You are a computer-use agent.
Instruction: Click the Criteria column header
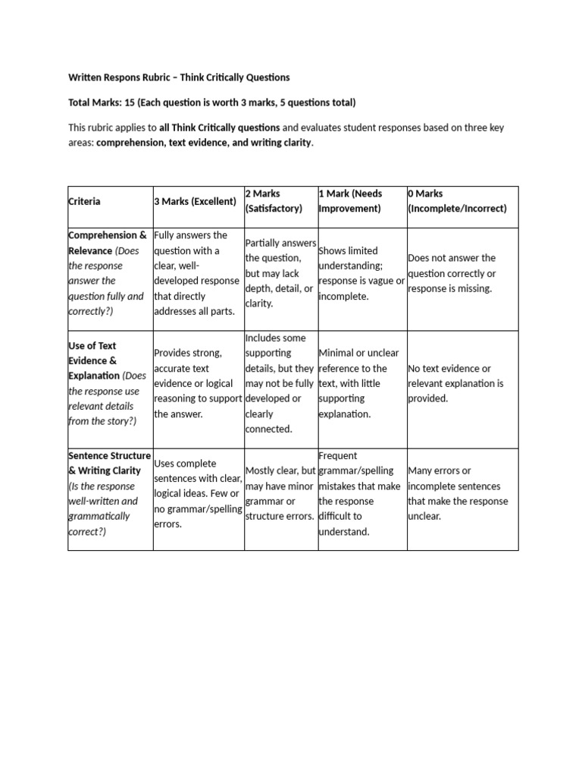(84, 201)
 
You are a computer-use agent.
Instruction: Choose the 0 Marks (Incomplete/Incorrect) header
(457, 201)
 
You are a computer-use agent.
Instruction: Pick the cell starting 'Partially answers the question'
(279, 273)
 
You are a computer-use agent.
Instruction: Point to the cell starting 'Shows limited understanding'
(361, 273)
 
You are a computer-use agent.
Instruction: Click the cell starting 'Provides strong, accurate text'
(196, 383)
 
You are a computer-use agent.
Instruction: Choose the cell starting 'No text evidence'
(455, 383)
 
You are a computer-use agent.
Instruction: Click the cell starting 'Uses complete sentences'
(197, 493)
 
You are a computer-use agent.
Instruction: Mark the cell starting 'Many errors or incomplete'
(458, 493)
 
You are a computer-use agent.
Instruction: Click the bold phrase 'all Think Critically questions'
(219, 127)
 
